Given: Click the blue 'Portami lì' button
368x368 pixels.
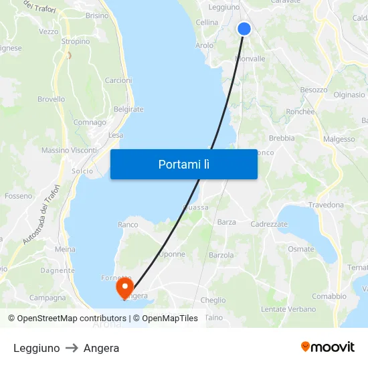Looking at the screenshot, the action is tap(183, 164).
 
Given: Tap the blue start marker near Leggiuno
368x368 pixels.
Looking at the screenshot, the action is tap(244, 29).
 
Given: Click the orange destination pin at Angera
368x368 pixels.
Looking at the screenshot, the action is tap(124, 288).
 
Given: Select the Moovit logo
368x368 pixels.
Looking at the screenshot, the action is tap(327, 347).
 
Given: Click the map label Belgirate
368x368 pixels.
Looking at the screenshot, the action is tap(128, 109).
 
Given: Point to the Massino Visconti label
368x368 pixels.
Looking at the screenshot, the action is tap(70, 151).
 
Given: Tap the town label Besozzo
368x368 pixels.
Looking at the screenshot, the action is tap(314, 90).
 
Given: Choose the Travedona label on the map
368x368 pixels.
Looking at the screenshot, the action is tap(326, 205).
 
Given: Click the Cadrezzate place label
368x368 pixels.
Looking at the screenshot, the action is tap(269, 224).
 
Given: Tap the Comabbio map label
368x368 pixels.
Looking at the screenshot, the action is tap(329, 296).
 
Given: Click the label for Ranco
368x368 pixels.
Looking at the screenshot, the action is tap(127, 225).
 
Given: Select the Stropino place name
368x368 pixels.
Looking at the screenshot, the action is tap(76, 41).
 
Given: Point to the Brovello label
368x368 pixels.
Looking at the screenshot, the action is tap(52, 100).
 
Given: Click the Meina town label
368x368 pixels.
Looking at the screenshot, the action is tap(65, 249).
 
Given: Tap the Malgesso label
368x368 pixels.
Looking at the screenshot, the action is tap(339, 139).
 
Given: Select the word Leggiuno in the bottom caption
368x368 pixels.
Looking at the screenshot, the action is tap(36, 348).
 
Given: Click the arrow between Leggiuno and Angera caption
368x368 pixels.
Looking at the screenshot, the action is tap(72, 348).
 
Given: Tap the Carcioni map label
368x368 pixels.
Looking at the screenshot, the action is tap(118, 80).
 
